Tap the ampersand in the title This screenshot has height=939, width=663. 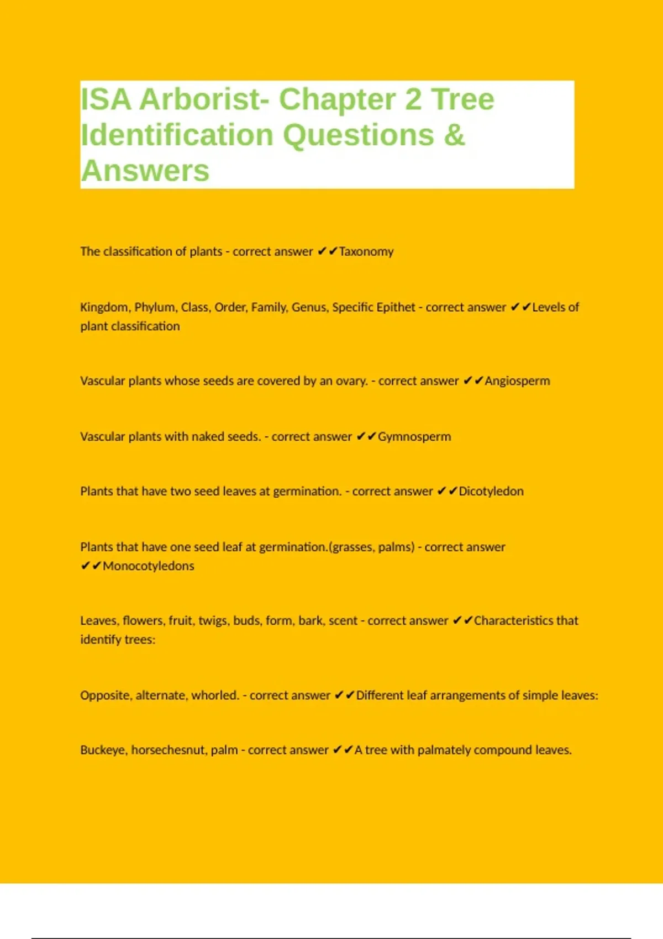[x=454, y=135]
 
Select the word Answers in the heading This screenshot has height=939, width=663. [x=145, y=171]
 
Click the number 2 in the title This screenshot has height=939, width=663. [x=413, y=99]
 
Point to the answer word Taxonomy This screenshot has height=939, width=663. [x=366, y=252]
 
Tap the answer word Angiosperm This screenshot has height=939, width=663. [x=517, y=381]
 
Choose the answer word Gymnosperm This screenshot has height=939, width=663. [x=414, y=437]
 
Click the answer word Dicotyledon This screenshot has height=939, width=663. [x=491, y=492]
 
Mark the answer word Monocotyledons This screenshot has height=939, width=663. [x=149, y=566]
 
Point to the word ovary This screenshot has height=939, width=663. [x=351, y=381]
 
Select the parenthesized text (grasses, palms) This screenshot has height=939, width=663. [x=371, y=547]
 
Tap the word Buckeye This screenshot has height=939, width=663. [x=103, y=750]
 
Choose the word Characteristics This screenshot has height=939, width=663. [x=513, y=621]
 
